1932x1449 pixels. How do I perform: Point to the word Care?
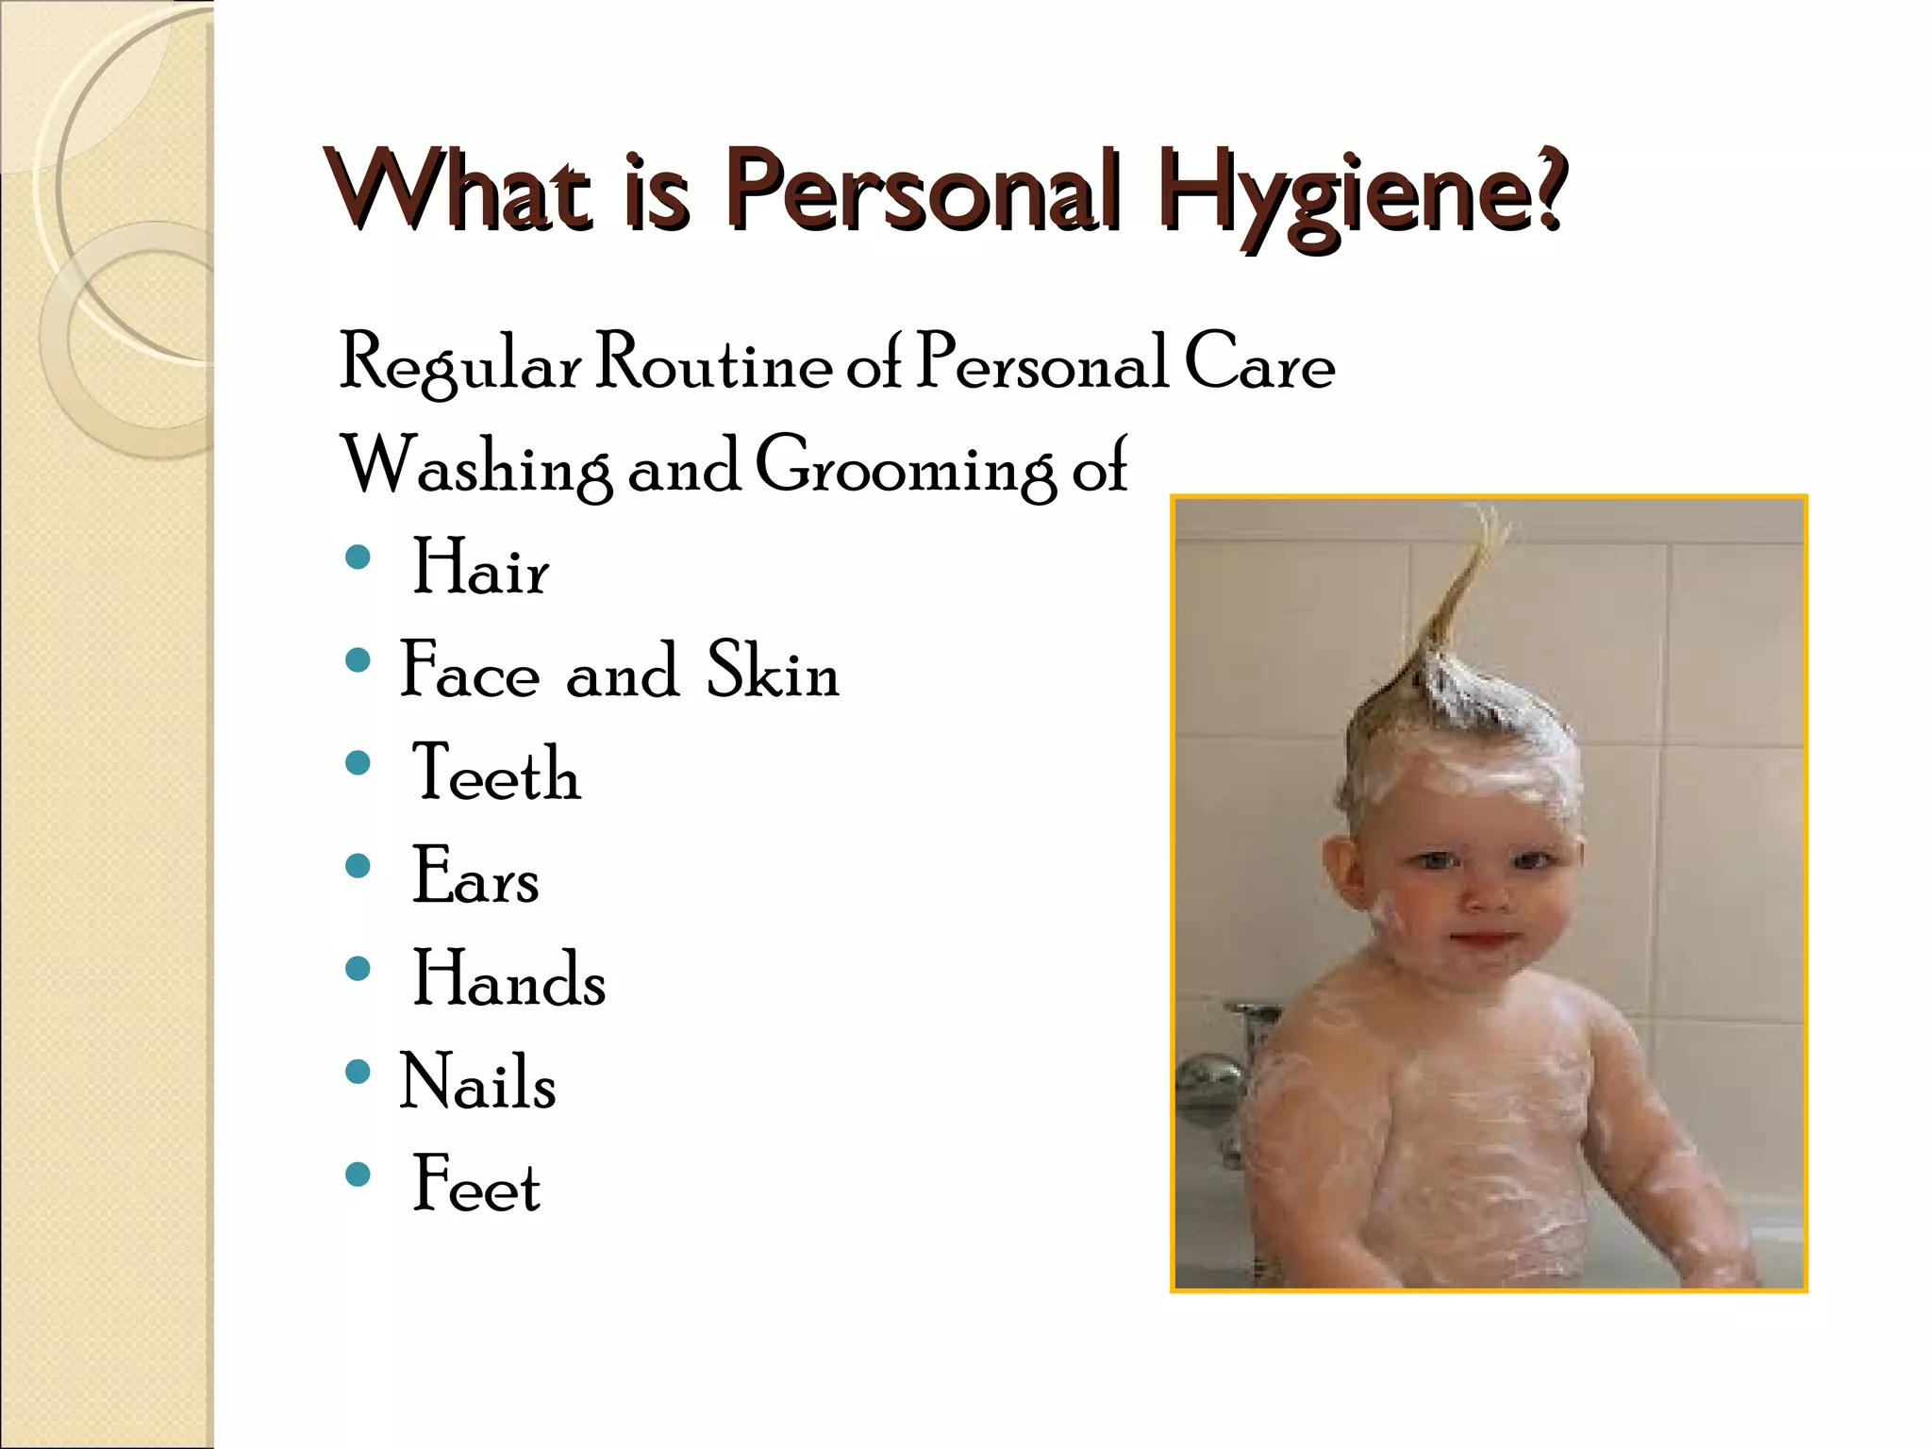coord(1259,363)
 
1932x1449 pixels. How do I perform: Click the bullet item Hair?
coord(480,568)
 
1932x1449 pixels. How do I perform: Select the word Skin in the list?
coord(773,671)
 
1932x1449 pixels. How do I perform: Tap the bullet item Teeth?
coord(496,774)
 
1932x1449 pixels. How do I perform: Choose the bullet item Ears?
coord(475,876)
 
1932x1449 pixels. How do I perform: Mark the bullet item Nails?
coord(477,1082)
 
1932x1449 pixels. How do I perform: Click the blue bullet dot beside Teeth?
coord(358,763)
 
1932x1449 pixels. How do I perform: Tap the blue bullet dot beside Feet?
coord(358,1174)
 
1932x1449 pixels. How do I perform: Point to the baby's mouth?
coord(1478,941)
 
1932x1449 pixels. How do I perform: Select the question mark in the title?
coord(1547,189)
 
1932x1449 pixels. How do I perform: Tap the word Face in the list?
coord(470,671)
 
